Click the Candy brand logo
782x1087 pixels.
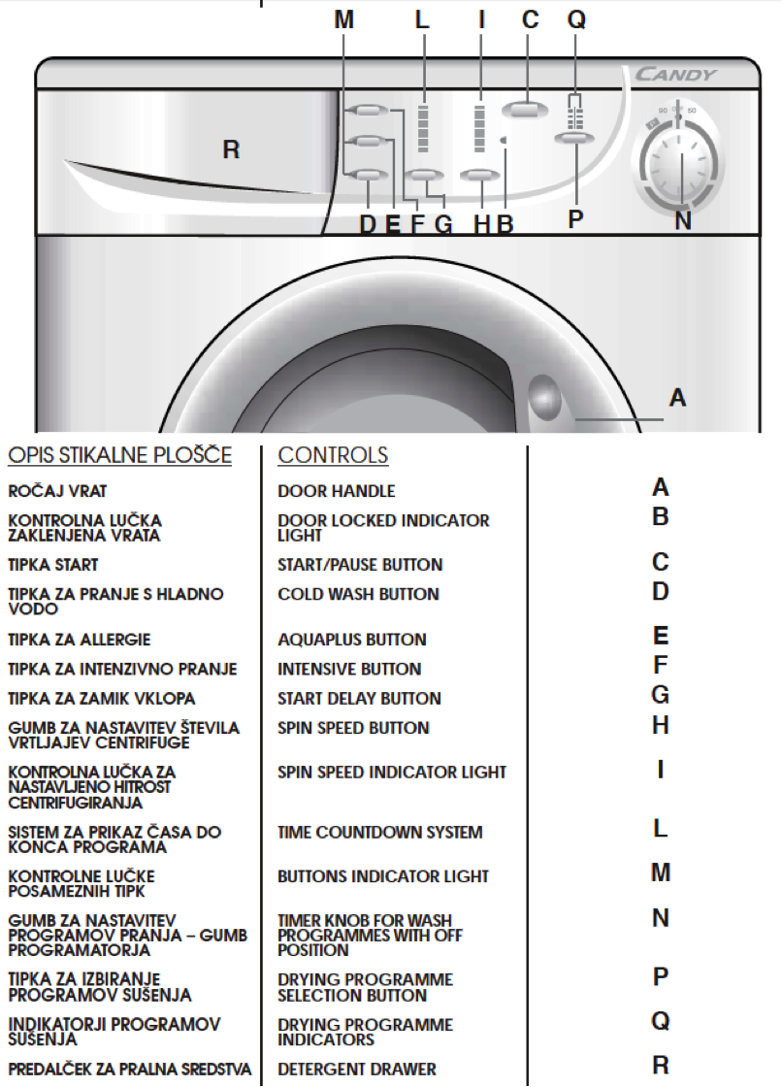[674, 74]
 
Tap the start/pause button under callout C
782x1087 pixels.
[525, 111]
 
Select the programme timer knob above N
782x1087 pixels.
[681, 165]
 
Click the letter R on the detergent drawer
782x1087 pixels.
[231, 149]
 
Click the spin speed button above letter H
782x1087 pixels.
[479, 176]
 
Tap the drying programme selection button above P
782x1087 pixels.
[574, 139]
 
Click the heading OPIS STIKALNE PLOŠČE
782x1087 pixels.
[120, 455]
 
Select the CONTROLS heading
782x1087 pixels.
[333, 455]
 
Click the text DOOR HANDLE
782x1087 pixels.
[337, 491]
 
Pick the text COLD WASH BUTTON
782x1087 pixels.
[358, 594]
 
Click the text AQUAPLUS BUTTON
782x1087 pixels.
[352, 640]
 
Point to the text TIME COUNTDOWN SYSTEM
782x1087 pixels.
[380, 832]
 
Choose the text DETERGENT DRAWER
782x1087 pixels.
[357, 1069]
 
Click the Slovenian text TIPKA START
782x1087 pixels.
[52, 565]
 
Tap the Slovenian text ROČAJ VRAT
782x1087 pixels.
[57, 491]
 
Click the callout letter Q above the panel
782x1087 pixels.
[576, 19]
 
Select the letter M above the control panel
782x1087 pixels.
[343, 19]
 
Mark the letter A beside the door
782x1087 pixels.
[677, 398]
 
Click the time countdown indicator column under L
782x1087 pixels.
[423, 129]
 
